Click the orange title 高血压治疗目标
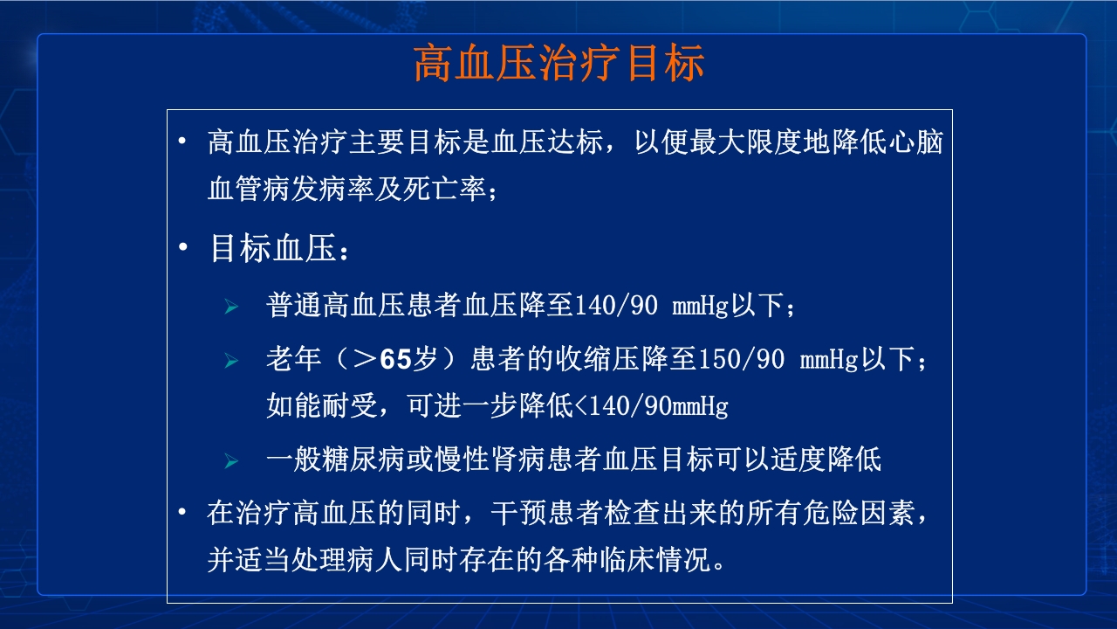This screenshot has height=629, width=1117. pyautogui.click(x=558, y=65)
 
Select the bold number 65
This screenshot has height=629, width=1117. pyautogui.click(x=395, y=359)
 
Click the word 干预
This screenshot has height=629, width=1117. pyautogui.click(x=517, y=513)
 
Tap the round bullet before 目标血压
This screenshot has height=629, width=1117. pyautogui.click(x=182, y=248)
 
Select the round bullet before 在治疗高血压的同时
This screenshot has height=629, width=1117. pyautogui.click(x=182, y=511)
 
